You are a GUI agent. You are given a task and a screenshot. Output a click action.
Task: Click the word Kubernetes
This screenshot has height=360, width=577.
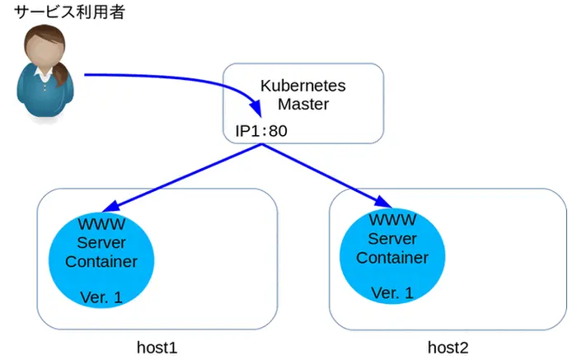coord(303,86)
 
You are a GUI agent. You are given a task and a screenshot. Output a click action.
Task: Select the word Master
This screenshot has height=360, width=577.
coord(303,105)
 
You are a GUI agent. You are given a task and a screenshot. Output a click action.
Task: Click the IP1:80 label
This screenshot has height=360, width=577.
coord(261,130)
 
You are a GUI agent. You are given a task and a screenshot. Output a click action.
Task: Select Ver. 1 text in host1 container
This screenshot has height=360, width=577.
coord(101,297)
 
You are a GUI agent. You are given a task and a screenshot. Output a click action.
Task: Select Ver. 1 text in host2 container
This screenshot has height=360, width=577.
coord(392,292)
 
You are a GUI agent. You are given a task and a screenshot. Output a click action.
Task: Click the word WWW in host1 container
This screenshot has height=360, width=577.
coord(101,224)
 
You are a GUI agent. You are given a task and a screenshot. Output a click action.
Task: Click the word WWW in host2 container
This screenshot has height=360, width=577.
coord(392,221)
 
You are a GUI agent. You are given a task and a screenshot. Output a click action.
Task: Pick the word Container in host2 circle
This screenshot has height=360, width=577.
coord(392,257)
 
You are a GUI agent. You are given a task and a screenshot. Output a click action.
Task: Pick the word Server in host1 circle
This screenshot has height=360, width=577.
coord(101,243)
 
